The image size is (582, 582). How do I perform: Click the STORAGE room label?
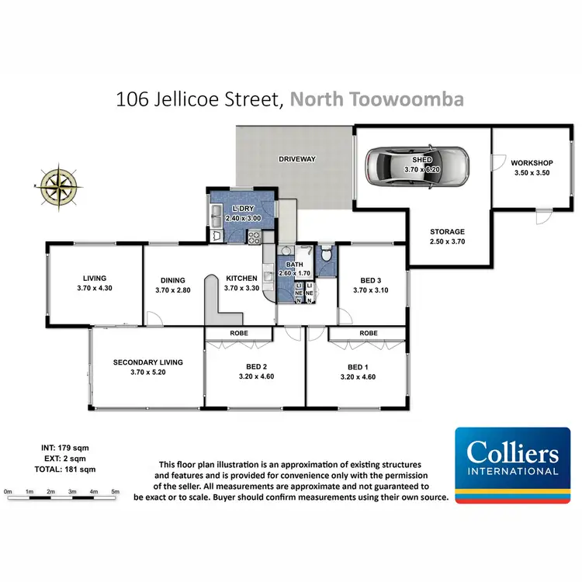pyautogui.click(x=448, y=231)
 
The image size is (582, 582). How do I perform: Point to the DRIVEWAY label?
pyautogui.click(x=297, y=159)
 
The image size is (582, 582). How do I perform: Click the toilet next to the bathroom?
pyautogui.click(x=327, y=255)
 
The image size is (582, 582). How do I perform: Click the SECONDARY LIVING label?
pyautogui.click(x=147, y=362)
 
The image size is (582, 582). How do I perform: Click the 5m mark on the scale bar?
pyautogui.click(x=115, y=492)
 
